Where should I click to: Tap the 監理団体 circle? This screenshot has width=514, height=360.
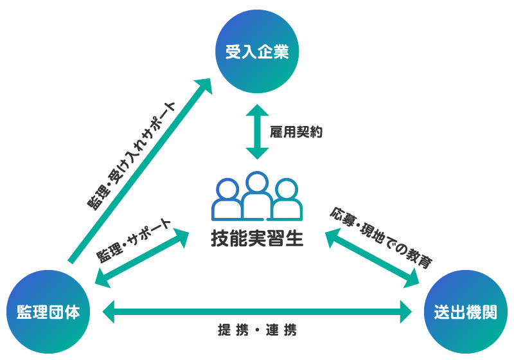[x=48, y=313]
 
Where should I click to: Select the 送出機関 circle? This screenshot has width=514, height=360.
[x=466, y=313]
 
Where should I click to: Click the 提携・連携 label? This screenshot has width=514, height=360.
[x=257, y=332]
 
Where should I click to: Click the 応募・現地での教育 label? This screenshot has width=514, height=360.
[x=380, y=237]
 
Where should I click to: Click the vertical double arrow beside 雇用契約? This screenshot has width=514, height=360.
[x=257, y=132]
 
